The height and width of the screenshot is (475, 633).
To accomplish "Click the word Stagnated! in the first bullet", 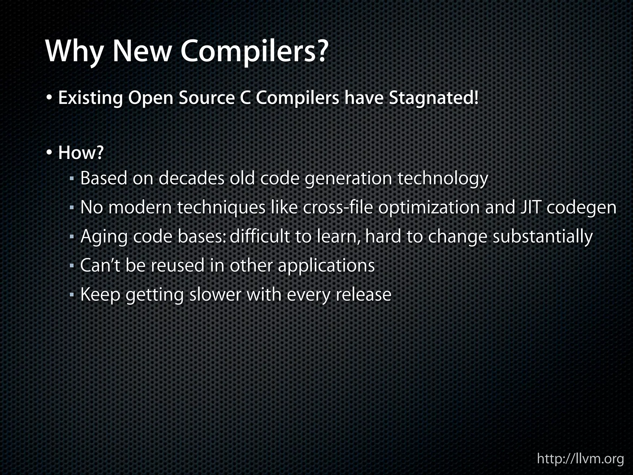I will click(x=434, y=98).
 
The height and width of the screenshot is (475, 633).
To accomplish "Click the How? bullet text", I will click(x=81, y=153).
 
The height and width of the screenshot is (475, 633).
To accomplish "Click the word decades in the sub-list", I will click(x=191, y=178).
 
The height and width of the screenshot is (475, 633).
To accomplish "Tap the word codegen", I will click(x=581, y=208).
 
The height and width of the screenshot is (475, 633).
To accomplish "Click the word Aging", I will click(x=104, y=237).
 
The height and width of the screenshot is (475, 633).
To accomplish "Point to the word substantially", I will click(x=542, y=236).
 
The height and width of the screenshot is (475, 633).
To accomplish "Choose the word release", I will click(x=363, y=294).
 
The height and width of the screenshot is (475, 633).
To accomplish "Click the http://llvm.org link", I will click(x=580, y=459).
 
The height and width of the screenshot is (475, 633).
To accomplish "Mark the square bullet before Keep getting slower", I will click(x=71, y=295).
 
